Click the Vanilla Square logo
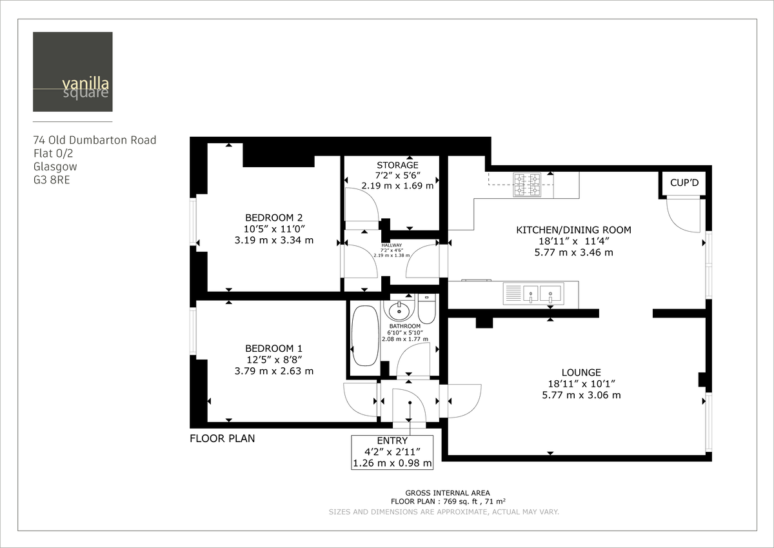pos(73,72)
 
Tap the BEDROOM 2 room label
pos(273,218)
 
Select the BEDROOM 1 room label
pos(273,348)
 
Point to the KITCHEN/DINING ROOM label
pos(573,230)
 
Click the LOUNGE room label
pos(580,372)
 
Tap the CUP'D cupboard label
pos(684,183)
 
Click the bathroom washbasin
pos(400,309)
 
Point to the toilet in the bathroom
pos(427,310)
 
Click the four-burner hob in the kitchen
pos(526,185)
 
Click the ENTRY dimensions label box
pos(392,452)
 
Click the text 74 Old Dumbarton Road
pos(95,140)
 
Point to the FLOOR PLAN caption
pos(222,439)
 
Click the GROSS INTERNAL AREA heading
pos(447,492)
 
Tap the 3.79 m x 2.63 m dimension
pos(273,371)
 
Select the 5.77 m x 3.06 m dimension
pos(581,395)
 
